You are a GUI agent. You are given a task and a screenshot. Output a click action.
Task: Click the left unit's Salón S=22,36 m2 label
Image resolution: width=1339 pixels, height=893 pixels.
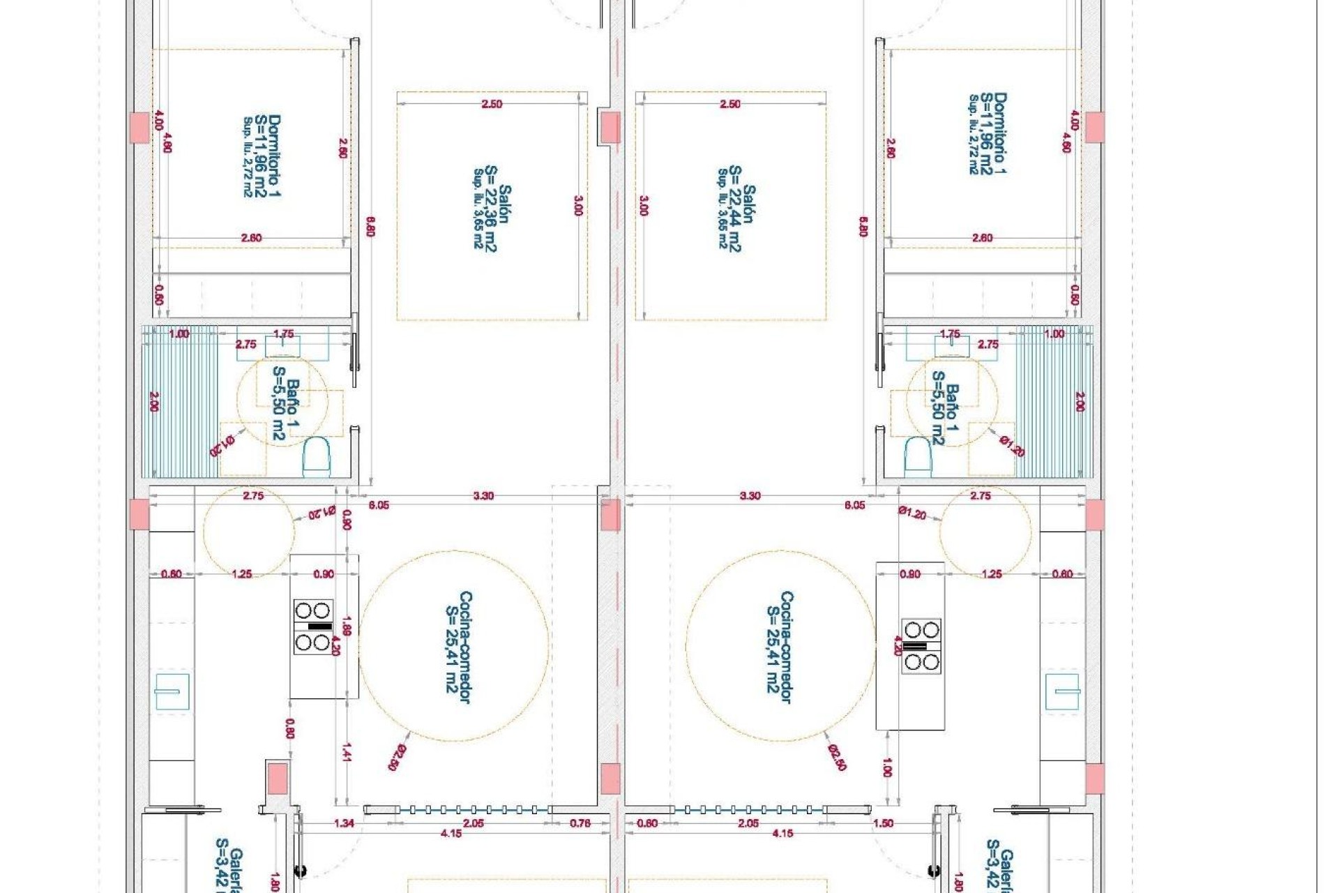pyautogui.click(x=492, y=216)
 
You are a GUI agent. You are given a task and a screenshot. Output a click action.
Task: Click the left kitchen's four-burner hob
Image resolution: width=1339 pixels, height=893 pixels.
pyautogui.click(x=312, y=626)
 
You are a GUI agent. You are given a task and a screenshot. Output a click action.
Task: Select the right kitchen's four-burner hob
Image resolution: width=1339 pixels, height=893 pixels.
pyautogui.click(x=921, y=646)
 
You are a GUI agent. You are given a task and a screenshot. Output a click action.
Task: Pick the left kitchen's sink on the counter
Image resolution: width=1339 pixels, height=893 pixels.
pyautogui.click(x=172, y=691)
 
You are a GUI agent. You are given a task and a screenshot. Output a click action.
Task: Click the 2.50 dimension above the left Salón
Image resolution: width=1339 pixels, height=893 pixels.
pyautogui.click(x=492, y=104)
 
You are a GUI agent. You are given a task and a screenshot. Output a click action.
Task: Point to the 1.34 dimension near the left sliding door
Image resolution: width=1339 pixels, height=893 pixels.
pyautogui.click(x=344, y=823)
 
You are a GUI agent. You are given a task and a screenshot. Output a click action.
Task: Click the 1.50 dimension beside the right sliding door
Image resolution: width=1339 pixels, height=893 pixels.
pyautogui.click(x=883, y=823)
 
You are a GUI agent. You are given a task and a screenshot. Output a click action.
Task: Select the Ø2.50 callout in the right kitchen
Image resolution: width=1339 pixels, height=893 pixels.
pyautogui.click(x=838, y=758)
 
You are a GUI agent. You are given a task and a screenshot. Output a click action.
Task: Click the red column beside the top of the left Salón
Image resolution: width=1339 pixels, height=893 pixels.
pyautogui.click(x=610, y=128)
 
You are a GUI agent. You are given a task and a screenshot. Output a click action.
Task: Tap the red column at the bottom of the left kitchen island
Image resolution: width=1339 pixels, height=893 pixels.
pyautogui.click(x=278, y=778)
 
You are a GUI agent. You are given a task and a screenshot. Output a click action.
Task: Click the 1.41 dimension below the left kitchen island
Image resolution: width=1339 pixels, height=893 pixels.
pyautogui.click(x=347, y=752)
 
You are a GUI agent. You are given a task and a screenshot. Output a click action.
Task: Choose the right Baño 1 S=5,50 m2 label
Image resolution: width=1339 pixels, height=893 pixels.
pyautogui.click(x=946, y=408)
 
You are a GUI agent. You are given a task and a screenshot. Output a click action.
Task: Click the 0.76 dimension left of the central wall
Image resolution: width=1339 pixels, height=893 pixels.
pyautogui.click(x=580, y=823)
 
